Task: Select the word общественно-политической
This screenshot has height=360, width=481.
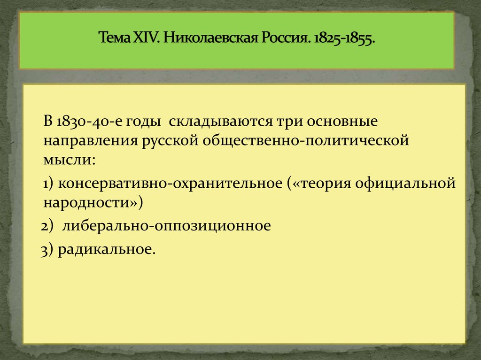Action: [x=305, y=141]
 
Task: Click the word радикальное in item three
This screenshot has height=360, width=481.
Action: [x=106, y=250]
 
